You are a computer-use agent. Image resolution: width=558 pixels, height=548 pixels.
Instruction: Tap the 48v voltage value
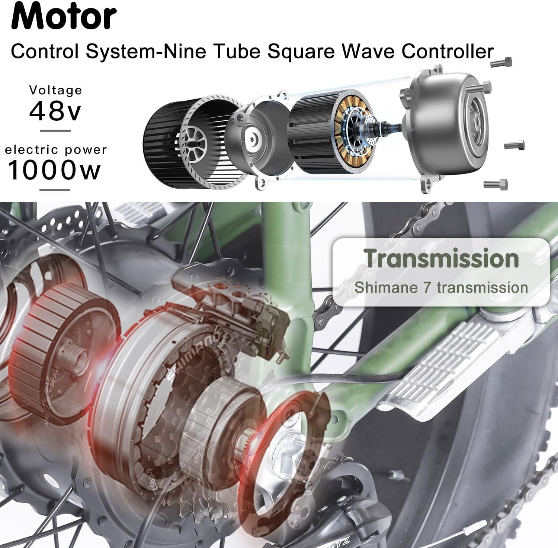[55, 111]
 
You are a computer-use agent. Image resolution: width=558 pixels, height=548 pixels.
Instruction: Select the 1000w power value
[54, 170]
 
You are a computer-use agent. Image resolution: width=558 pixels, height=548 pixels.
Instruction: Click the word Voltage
[56, 90]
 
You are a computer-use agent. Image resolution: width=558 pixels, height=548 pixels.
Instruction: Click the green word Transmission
[441, 259]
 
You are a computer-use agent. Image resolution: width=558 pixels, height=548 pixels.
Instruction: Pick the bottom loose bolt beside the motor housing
[496, 184]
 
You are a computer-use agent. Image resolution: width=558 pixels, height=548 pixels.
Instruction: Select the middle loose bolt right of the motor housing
[515, 145]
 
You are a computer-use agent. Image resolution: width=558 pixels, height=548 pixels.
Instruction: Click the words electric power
[56, 150]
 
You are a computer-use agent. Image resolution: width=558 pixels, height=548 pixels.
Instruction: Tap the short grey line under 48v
[55, 131]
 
